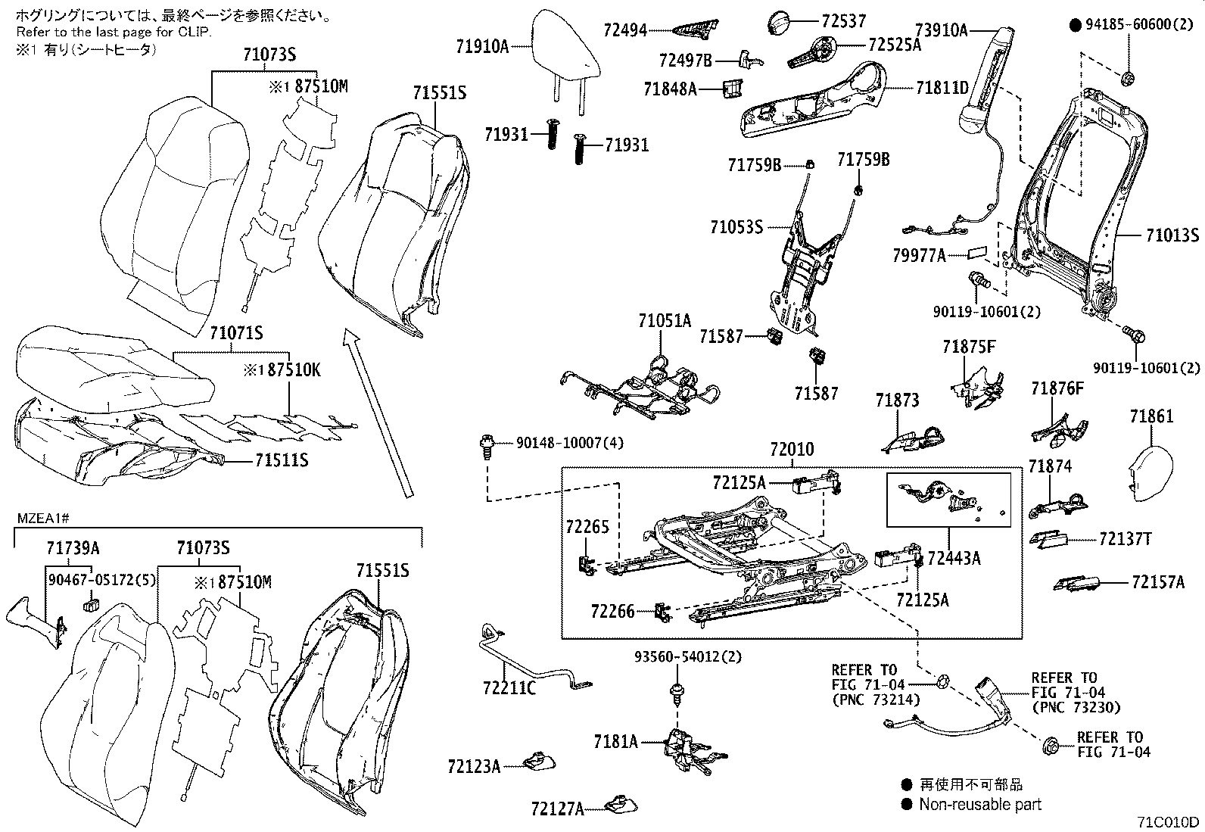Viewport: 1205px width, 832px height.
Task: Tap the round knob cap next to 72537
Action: pos(780,23)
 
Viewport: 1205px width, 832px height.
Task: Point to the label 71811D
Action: pos(942,88)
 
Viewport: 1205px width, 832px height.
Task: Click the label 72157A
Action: pos(1157,582)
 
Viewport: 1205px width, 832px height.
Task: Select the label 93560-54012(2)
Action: pos(687,656)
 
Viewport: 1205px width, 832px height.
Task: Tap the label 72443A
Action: pos(954,559)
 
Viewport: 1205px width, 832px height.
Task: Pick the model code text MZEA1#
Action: pos(42,518)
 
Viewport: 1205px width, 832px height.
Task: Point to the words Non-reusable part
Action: pos(979,804)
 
